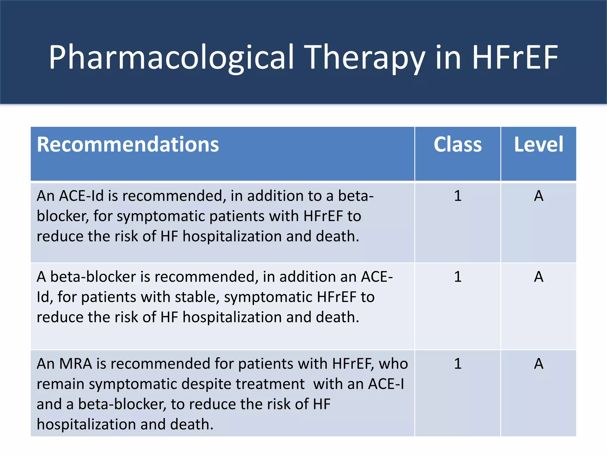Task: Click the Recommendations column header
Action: [x=128, y=145]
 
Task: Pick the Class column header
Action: [x=458, y=145]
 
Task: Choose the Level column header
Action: [x=539, y=145]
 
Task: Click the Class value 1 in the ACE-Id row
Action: [x=458, y=196]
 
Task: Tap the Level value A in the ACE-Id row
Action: [x=539, y=196]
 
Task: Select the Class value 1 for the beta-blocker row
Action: [x=458, y=277]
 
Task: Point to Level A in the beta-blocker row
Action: [x=539, y=277]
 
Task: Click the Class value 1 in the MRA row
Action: [x=458, y=363]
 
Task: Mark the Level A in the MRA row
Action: [x=539, y=363]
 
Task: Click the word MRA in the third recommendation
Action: [x=76, y=363]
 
